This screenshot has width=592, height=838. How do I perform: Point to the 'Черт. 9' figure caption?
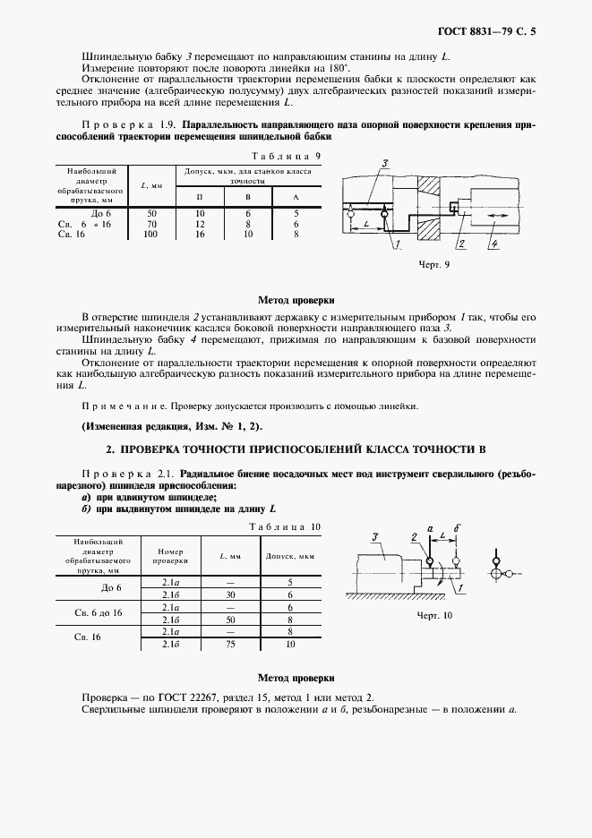coord(433,266)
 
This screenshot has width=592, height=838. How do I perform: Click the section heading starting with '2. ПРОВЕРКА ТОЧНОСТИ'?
coord(296,448)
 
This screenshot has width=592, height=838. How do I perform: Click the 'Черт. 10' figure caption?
coord(435,616)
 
